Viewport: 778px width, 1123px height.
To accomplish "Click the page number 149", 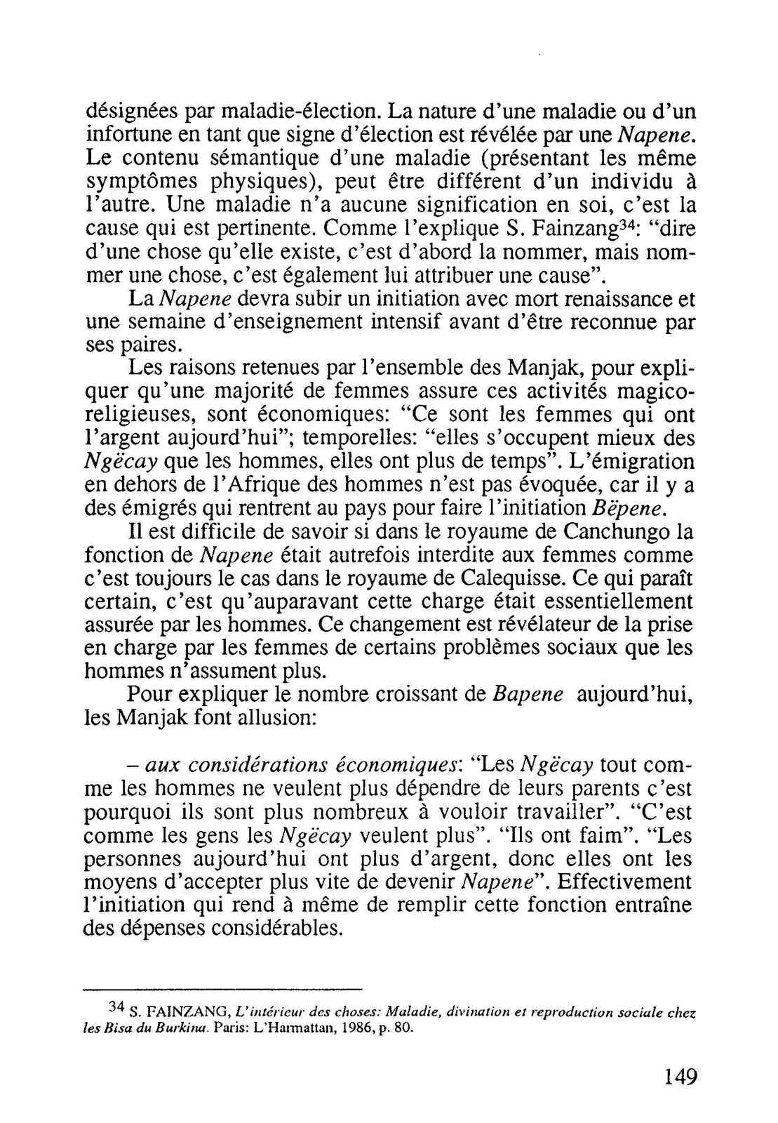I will click(679, 1077).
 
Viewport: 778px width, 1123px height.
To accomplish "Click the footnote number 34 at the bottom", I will click(116, 1006).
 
